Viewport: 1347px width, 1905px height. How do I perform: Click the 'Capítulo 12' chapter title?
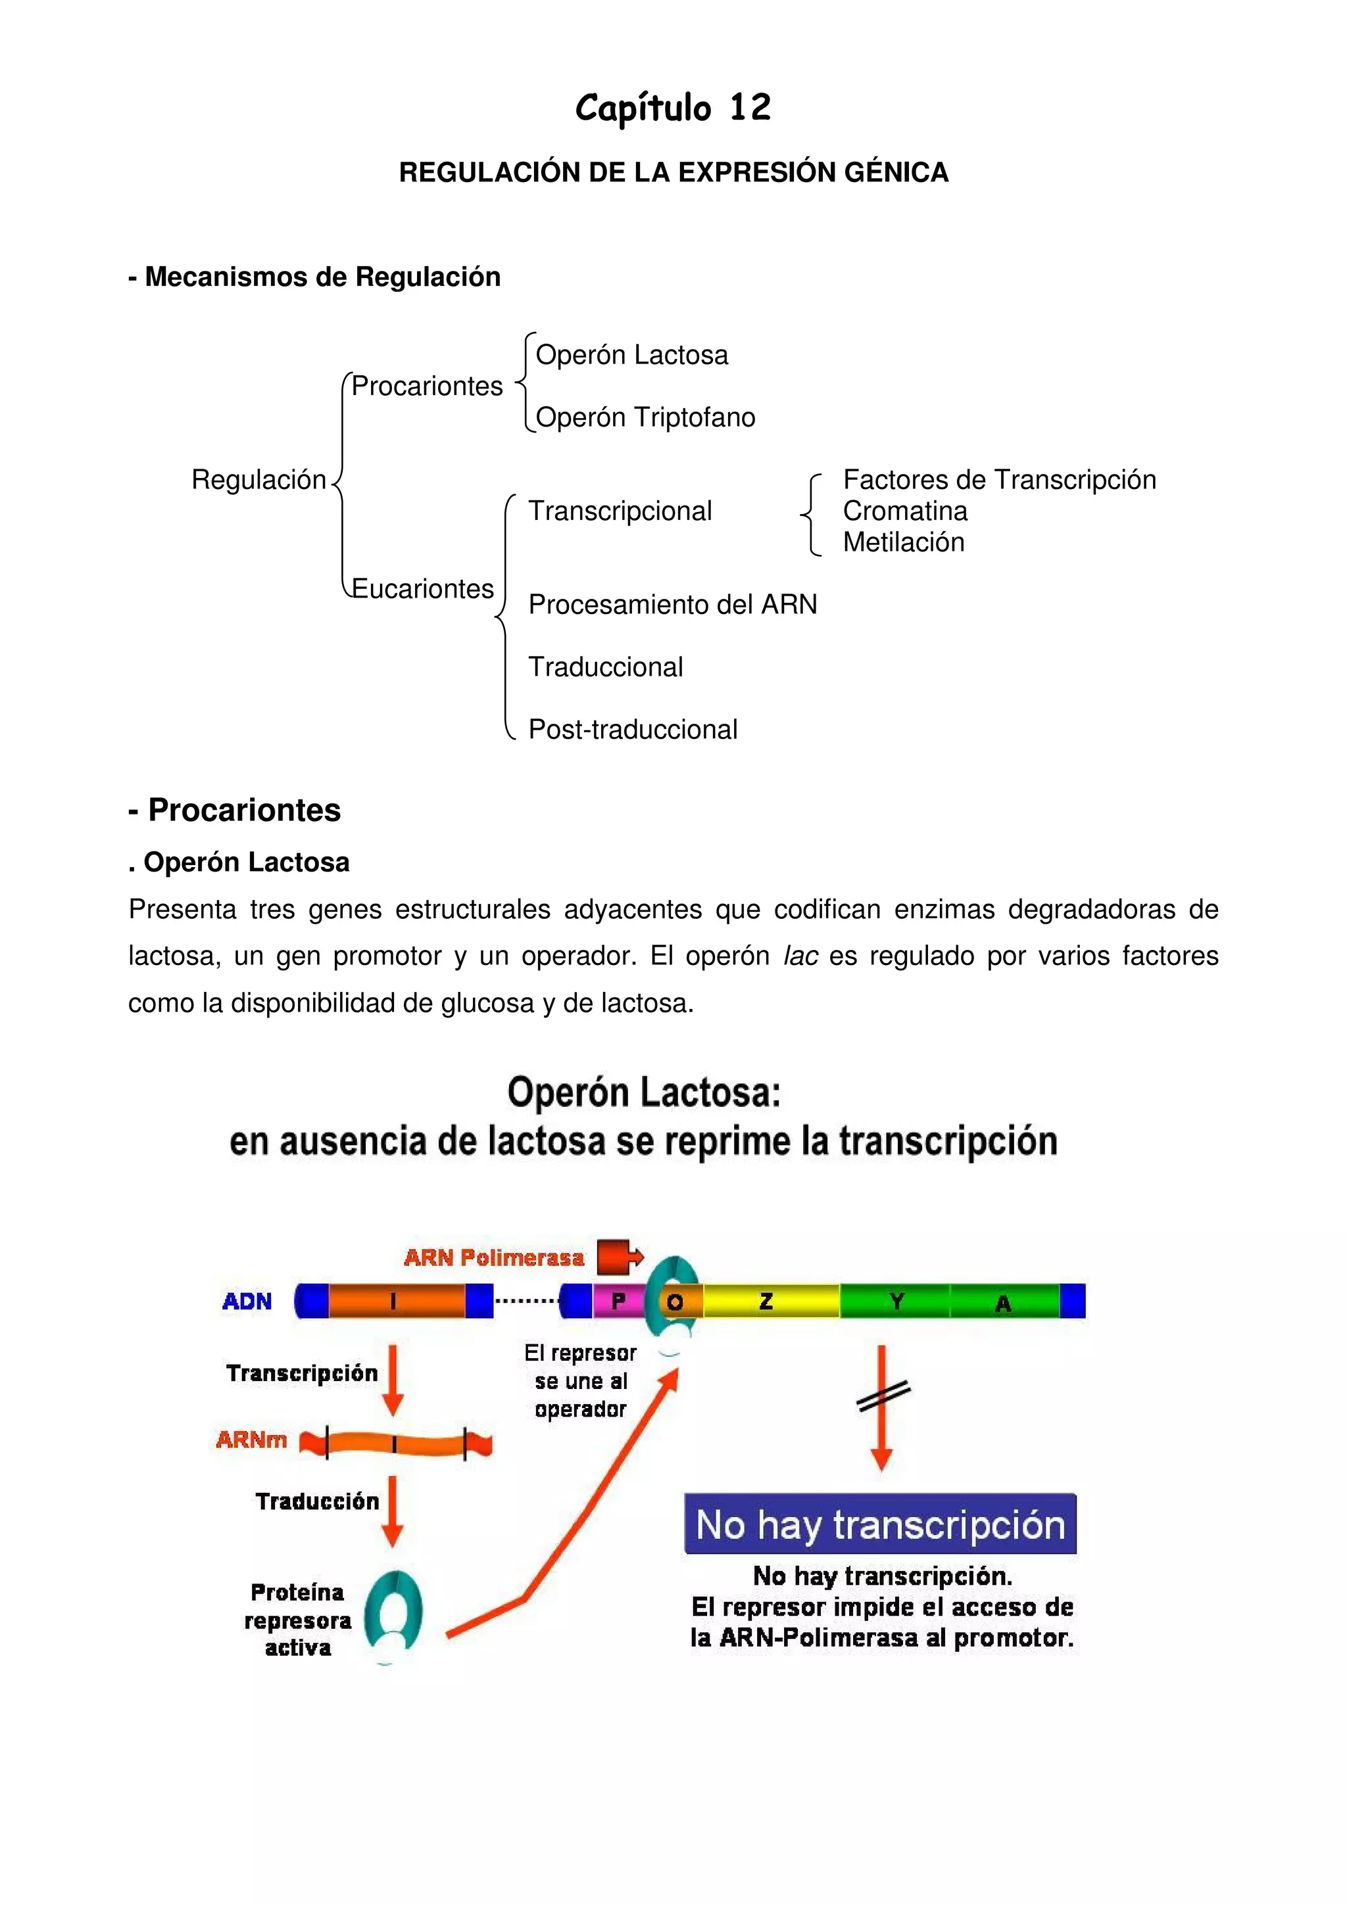(673, 108)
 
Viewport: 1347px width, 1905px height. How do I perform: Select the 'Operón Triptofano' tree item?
(645, 417)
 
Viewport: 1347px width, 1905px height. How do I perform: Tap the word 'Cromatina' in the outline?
(904, 511)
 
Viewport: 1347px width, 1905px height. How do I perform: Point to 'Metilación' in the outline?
(903, 542)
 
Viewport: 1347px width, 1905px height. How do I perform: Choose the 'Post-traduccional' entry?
(633, 729)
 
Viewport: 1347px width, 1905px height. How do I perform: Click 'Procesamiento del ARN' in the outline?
(672, 604)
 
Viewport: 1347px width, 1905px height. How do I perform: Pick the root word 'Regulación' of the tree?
(258, 480)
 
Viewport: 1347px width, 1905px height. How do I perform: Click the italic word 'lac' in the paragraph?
(800, 956)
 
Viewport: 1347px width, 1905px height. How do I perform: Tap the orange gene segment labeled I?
(395, 1301)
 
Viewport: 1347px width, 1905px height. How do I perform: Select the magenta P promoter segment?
(618, 1301)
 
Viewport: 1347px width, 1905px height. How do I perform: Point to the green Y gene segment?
(896, 1301)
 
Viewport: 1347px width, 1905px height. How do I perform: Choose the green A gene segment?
(1004, 1301)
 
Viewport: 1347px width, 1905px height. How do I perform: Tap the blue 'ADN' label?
(247, 1301)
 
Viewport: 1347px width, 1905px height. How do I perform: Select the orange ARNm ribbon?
(395, 1444)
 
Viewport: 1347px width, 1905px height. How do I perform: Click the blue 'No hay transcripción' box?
(880, 1524)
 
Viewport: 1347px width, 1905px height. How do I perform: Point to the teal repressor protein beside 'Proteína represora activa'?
(393, 1613)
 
